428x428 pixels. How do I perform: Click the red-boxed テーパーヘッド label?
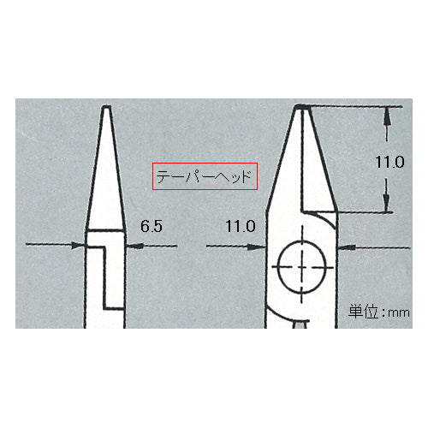205,176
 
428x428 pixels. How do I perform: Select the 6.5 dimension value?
152,226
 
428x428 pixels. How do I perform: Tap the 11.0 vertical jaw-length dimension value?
389,162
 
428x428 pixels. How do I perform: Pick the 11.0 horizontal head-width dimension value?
241,226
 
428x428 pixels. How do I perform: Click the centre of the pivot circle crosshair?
302,267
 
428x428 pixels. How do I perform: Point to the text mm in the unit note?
399,313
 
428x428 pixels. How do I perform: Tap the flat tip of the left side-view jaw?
106,106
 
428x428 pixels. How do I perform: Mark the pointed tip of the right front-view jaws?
302,106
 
